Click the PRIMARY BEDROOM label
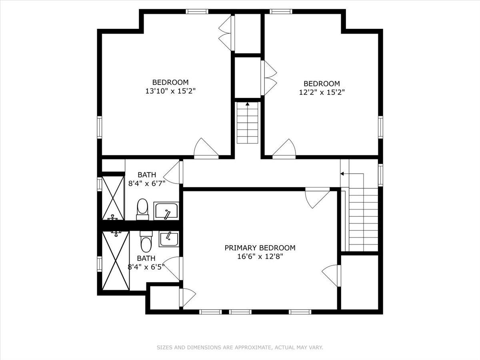260,248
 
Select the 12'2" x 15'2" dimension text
322,92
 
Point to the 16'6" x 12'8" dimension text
260,256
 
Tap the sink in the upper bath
166,211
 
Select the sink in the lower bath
169,239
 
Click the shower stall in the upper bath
113,198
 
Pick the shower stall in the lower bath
116,260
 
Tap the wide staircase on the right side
363,220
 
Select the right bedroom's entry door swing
284,148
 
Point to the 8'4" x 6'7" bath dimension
147,184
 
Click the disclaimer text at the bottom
240,348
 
